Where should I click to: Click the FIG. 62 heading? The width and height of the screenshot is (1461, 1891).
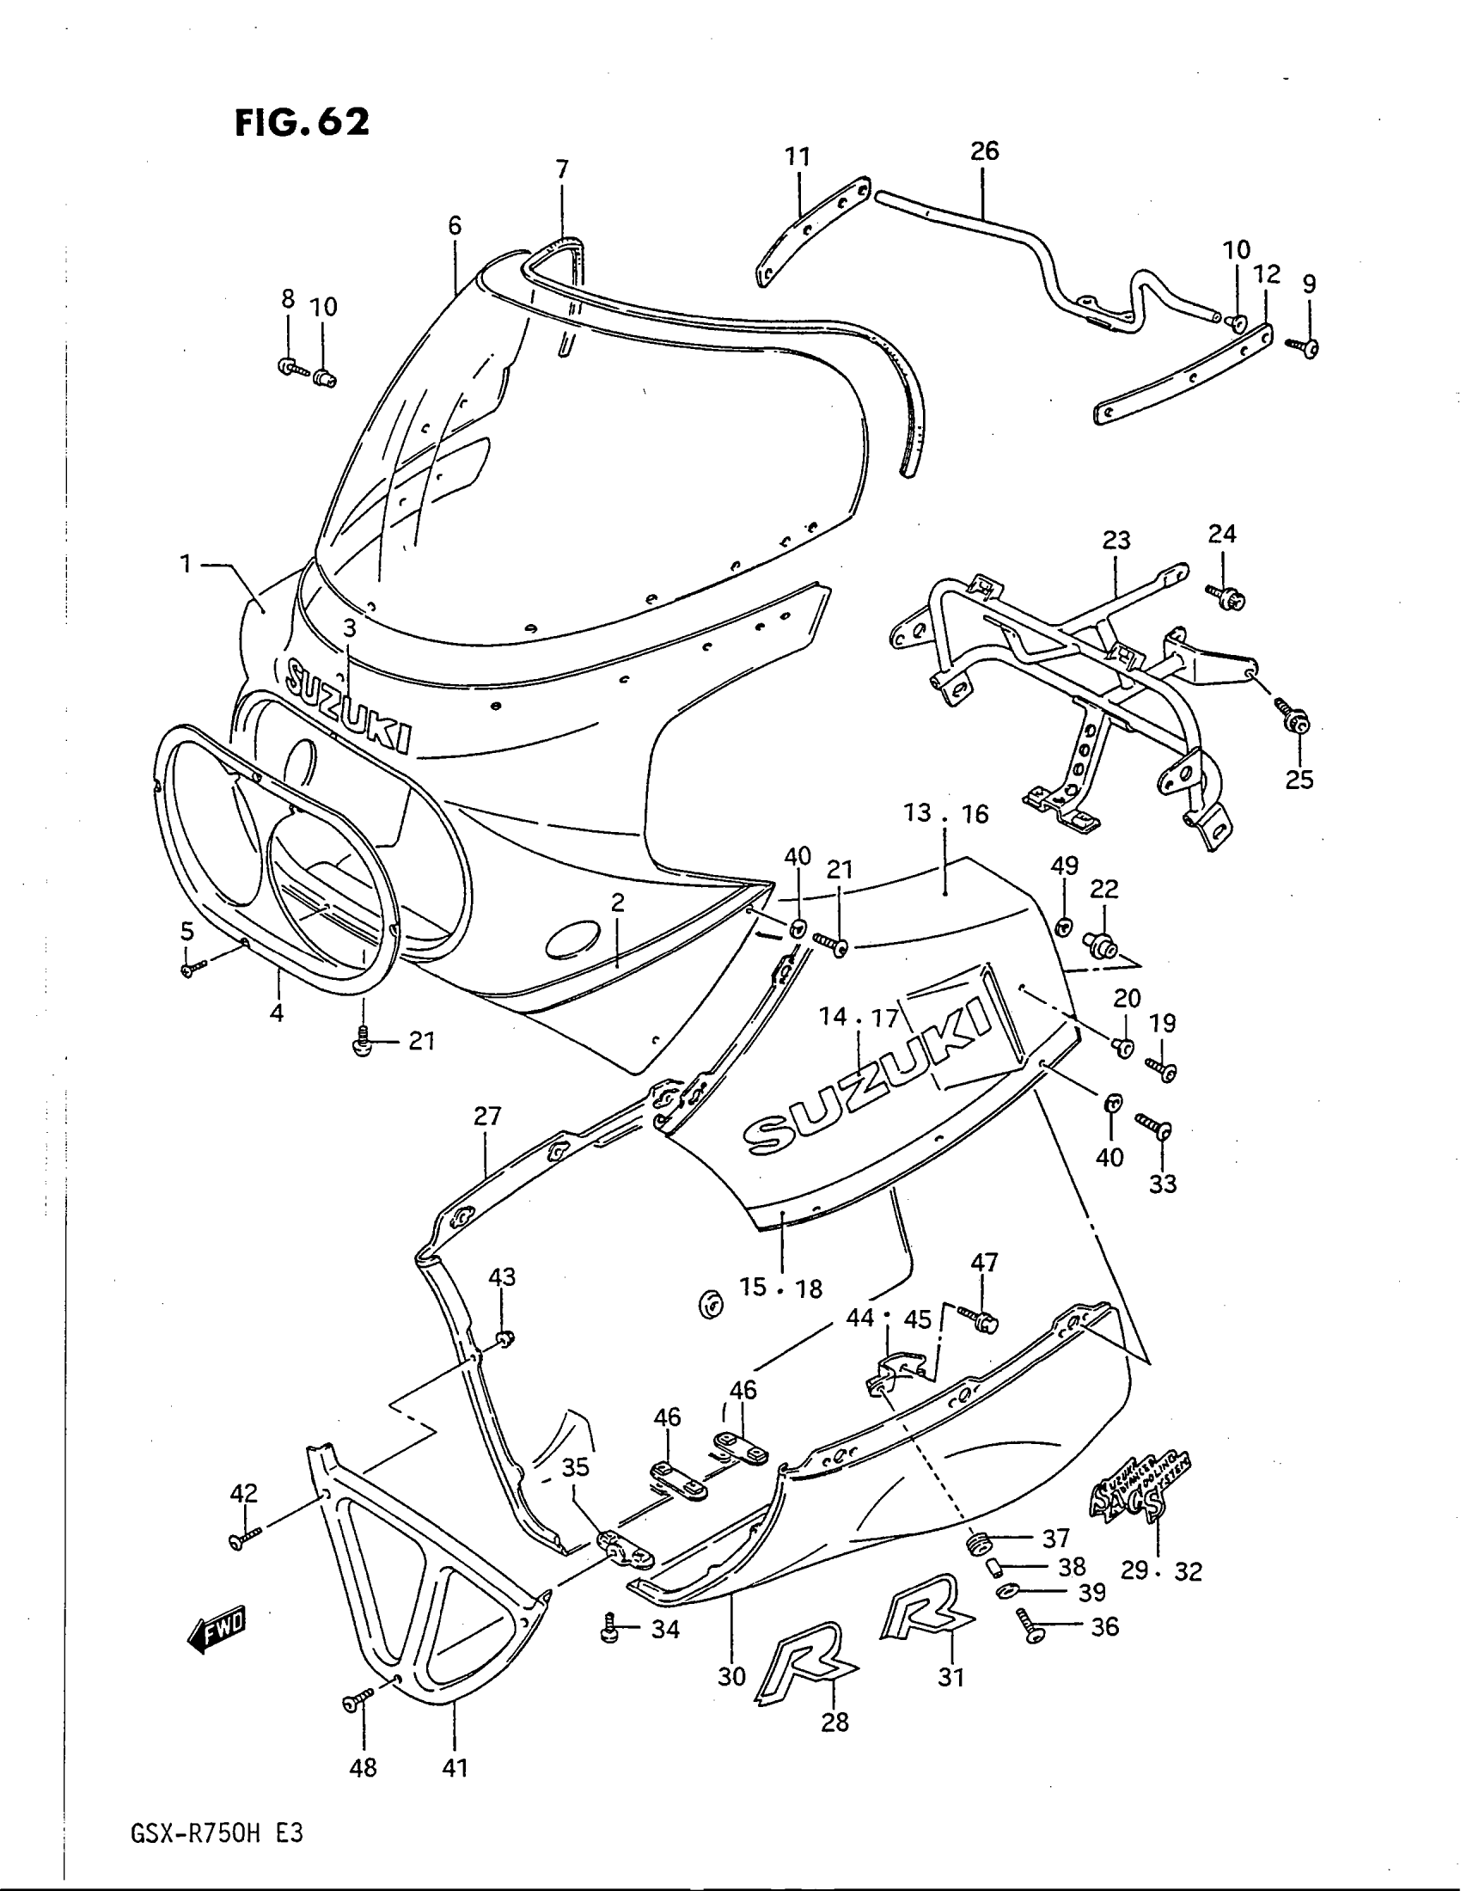[x=301, y=122]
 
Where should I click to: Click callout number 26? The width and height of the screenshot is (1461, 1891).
[x=984, y=151]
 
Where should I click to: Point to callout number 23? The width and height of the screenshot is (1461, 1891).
[x=1116, y=541]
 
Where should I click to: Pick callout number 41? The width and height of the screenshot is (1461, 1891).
[x=455, y=1767]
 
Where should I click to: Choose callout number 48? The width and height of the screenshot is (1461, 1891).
[x=363, y=1767]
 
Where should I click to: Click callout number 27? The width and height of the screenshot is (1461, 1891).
[x=487, y=1116]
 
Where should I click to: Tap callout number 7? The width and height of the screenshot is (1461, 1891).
[x=562, y=168]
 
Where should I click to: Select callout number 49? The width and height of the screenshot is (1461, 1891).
[x=1065, y=865]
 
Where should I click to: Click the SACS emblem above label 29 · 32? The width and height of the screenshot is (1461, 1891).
[x=1138, y=1496]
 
